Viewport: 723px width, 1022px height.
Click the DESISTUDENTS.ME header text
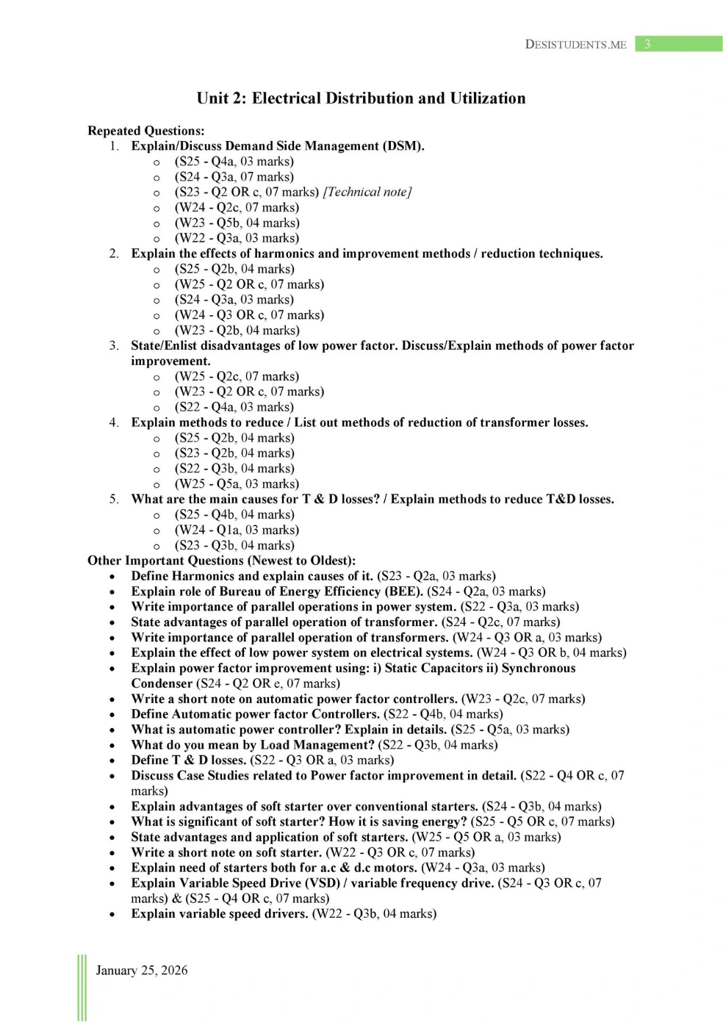[575, 44]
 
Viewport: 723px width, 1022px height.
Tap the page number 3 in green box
[647, 44]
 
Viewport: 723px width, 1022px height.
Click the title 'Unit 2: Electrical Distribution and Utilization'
[361, 98]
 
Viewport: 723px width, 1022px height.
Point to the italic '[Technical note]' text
[367, 192]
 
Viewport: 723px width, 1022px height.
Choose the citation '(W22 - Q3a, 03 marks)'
[237, 238]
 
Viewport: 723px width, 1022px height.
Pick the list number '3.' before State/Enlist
[114, 345]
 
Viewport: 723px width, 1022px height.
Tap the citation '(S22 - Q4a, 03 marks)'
[234, 407]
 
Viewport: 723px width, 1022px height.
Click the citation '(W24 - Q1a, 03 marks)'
[237, 530]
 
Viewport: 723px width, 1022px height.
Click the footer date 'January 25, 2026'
[142, 971]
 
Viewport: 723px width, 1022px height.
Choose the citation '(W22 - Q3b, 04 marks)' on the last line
[374, 914]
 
